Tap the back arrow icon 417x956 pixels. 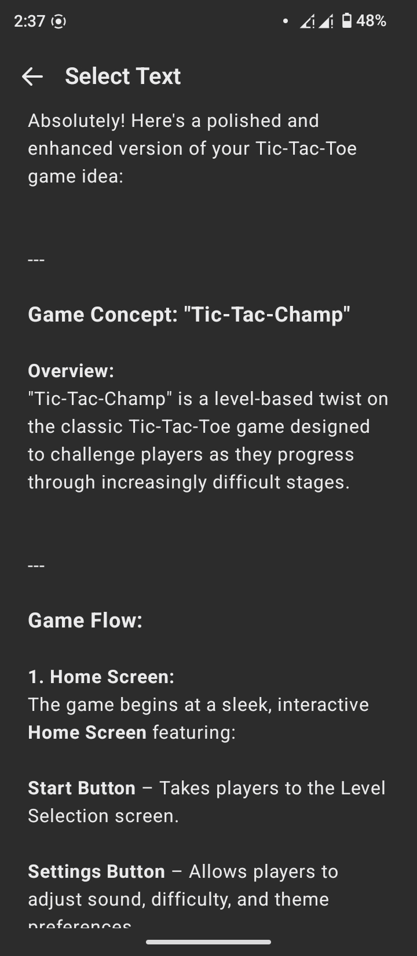[x=32, y=77]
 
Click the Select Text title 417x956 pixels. [x=123, y=76]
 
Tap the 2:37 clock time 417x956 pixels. [x=30, y=21]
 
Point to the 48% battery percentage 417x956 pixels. [x=371, y=20]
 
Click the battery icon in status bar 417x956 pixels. [x=347, y=20]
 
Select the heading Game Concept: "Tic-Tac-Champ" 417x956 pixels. [x=189, y=315]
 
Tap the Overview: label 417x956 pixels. [x=71, y=371]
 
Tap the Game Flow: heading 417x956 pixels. [x=85, y=621]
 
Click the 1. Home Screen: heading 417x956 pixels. [x=101, y=677]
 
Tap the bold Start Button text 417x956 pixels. [x=82, y=789]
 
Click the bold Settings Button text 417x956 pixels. [x=97, y=872]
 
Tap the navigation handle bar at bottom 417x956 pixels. [x=209, y=942]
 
